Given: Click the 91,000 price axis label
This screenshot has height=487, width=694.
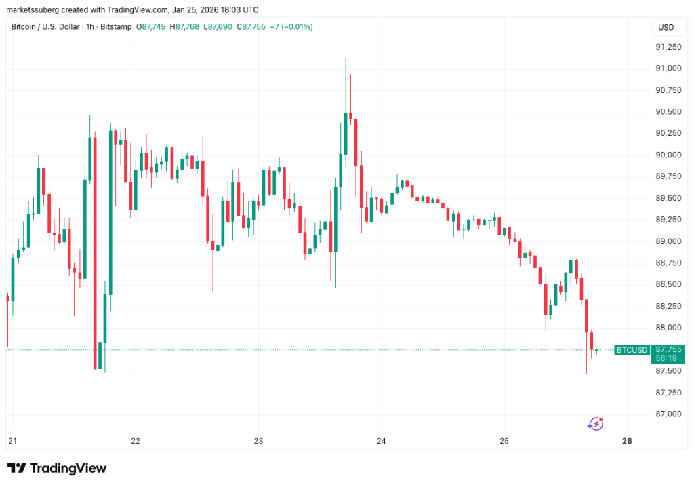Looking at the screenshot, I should (668, 69).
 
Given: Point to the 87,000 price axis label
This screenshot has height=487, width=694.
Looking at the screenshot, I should (668, 414).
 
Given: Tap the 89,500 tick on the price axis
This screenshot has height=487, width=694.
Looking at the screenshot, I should (668, 198).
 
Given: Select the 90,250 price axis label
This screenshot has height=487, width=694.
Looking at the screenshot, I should (668, 134).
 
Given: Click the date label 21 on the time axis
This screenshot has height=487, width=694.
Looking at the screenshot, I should (12, 441).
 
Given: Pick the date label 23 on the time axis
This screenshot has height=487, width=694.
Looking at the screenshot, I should (258, 441).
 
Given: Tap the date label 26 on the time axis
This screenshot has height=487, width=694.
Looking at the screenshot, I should (627, 441).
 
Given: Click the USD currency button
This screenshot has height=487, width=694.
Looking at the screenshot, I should (666, 28).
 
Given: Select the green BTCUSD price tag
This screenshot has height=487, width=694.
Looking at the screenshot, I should (631, 350).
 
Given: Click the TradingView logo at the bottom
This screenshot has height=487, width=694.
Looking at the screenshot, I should (57, 468).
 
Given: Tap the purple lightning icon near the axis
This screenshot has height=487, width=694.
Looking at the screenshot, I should (595, 424).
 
